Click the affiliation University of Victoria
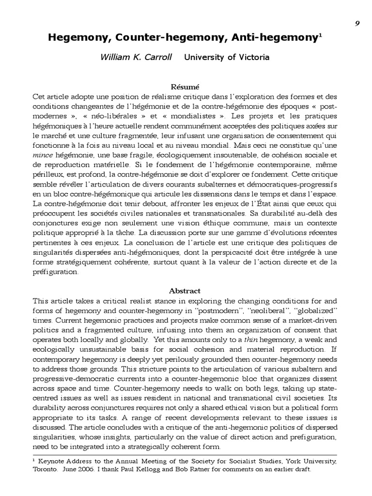(227, 57)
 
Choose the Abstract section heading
(185, 291)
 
